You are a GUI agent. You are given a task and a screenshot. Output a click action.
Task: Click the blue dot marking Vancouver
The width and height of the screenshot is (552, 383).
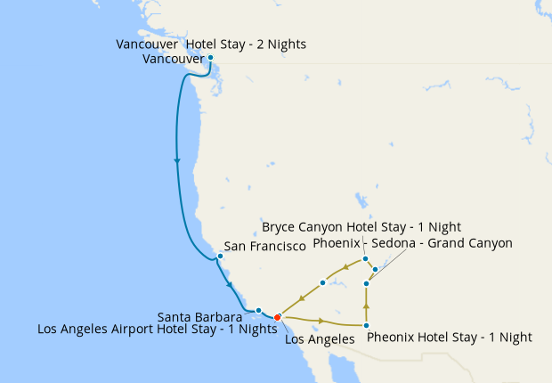(210, 58)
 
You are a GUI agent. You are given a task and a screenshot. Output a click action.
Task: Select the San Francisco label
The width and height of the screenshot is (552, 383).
(264, 246)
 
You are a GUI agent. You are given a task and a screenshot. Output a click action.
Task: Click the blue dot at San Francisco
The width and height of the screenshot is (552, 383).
(220, 257)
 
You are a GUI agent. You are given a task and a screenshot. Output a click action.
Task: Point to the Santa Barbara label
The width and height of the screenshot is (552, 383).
(200, 316)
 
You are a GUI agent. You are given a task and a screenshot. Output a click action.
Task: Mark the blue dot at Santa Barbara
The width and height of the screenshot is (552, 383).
(258, 310)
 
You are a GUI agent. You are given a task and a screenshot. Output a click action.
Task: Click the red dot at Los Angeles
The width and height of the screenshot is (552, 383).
(278, 317)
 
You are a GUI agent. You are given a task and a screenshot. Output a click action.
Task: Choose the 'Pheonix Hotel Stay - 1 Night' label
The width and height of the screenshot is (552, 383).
(449, 338)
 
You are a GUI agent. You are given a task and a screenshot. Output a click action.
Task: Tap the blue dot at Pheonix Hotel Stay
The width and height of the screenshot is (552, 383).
(367, 326)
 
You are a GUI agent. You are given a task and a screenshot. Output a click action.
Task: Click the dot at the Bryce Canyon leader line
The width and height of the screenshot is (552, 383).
(365, 259)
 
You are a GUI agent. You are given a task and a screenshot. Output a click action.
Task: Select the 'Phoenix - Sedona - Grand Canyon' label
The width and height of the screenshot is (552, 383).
(412, 242)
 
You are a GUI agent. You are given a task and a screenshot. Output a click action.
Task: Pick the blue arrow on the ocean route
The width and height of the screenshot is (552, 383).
(177, 161)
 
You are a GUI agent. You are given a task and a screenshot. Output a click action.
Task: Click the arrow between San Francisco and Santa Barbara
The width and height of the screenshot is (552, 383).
(231, 285)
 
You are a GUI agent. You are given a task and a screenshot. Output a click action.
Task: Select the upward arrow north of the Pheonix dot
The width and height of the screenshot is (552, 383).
(367, 305)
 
